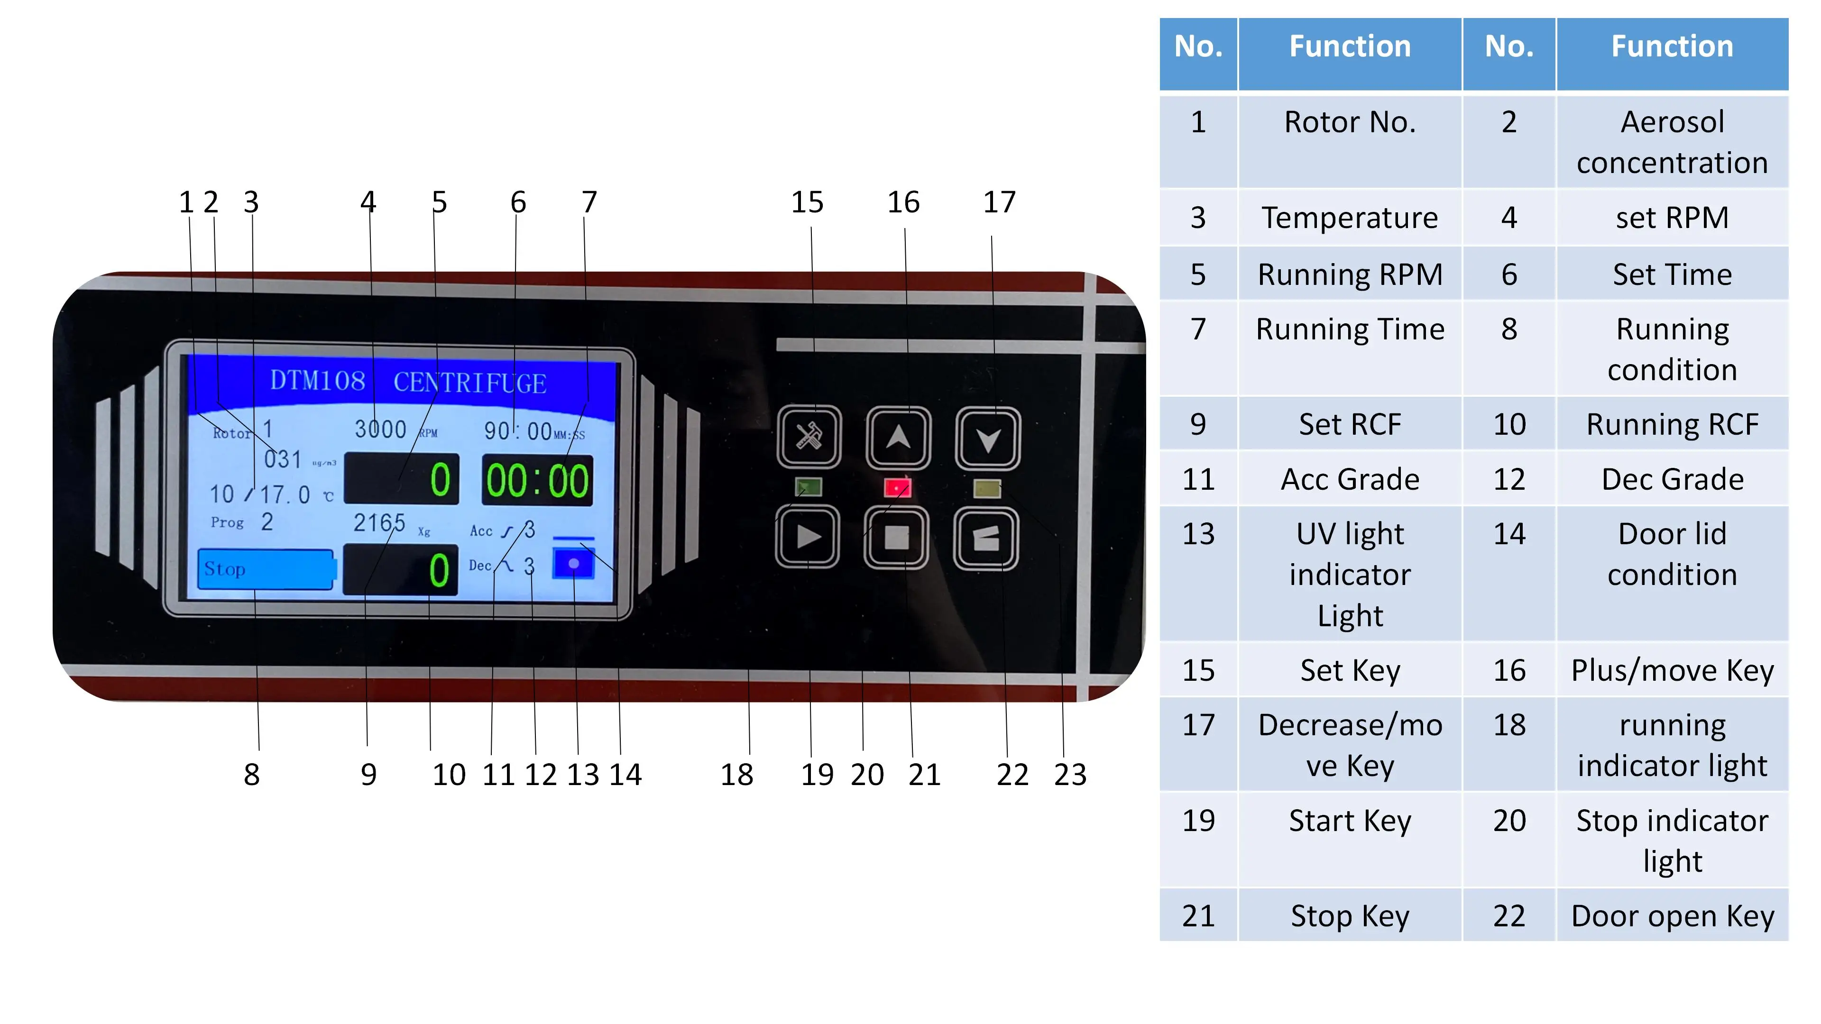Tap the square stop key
[896, 538]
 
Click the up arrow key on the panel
[898, 438]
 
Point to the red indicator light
[897, 488]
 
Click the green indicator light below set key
[809, 487]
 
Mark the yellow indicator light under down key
[987, 488]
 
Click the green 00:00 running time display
[537, 481]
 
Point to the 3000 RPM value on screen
[380, 429]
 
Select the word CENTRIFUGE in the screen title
[469, 383]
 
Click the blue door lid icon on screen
[573, 563]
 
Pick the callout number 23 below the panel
[1069, 775]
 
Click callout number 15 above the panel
[807, 203]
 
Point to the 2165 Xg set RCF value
[379, 523]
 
